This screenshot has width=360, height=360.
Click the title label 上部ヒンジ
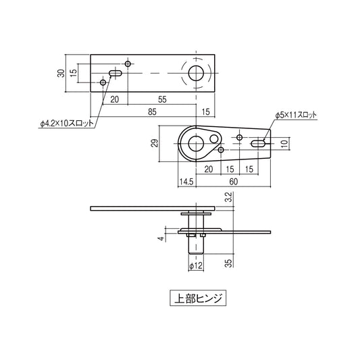pyautogui.click(x=195, y=297)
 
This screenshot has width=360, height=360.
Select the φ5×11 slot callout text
pyautogui.click(x=296, y=115)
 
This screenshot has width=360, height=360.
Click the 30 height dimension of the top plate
pyautogui.click(x=61, y=73)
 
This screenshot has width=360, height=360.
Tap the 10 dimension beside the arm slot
pyautogui.click(x=284, y=143)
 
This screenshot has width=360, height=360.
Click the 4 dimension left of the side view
pyautogui.click(x=160, y=238)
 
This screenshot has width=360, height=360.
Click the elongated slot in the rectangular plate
pyautogui.click(x=115, y=73)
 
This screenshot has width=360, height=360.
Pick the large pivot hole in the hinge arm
pyautogui.click(x=196, y=143)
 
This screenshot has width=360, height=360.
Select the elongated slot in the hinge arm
pyautogui.click(x=259, y=144)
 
